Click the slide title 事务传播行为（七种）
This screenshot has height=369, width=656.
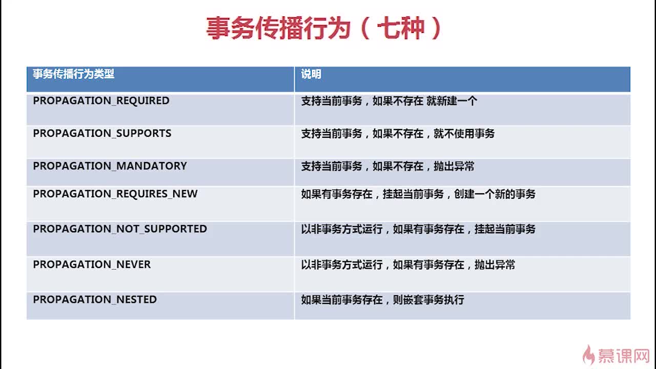(324, 29)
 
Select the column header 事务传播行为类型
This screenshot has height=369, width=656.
(73, 74)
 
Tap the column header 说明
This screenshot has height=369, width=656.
(311, 74)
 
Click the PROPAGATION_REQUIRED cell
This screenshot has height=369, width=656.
(101, 101)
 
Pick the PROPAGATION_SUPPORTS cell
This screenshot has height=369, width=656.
(102, 134)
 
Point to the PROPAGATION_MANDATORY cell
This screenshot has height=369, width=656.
(110, 167)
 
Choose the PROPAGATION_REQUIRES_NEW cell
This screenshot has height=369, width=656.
(115, 194)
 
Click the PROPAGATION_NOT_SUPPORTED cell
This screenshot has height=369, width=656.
(120, 229)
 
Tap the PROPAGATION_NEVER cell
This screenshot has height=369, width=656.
(92, 265)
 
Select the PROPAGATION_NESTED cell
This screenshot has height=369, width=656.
(95, 300)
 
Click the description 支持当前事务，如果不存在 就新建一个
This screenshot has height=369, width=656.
(389, 101)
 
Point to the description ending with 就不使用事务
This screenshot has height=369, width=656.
(398, 134)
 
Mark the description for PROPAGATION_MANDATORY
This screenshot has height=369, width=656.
(387, 167)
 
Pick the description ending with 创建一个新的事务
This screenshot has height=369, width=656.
(418, 194)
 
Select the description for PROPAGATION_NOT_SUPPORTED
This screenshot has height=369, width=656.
(418, 229)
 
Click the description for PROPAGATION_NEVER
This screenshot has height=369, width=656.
(408, 265)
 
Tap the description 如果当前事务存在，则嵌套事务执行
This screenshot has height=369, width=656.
(382, 300)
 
